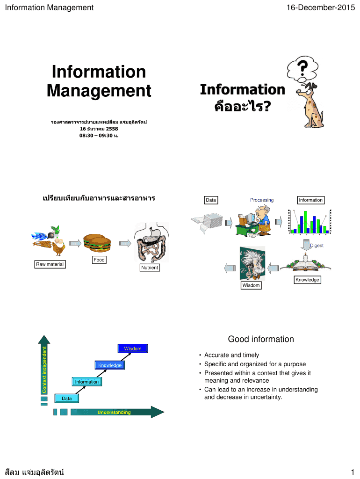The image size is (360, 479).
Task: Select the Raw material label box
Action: tap(50, 264)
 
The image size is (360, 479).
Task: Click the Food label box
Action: tap(99, 260)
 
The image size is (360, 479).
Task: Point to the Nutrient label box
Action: tap(150, 268)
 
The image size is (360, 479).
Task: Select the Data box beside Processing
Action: tap(211, 200)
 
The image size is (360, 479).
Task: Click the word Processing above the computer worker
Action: tap(262, 200)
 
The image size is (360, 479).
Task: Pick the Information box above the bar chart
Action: tap(310, 200)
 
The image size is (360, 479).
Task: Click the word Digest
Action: tap(317, 245)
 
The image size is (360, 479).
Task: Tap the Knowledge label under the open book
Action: tap(307, 280)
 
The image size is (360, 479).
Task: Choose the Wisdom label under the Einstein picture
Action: tap(251, 285)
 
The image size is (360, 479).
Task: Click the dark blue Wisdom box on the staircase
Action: tap(132, 348)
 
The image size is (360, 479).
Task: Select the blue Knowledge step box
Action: tap(110, 365)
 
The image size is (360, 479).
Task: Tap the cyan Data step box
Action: tap(67, 398)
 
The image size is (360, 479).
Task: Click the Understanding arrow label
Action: tap(114, 412)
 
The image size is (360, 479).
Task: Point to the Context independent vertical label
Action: tap(44, 370)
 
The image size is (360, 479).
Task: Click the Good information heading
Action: tap(261, 339)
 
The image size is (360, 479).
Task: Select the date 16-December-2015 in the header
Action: tap(323, 7)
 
